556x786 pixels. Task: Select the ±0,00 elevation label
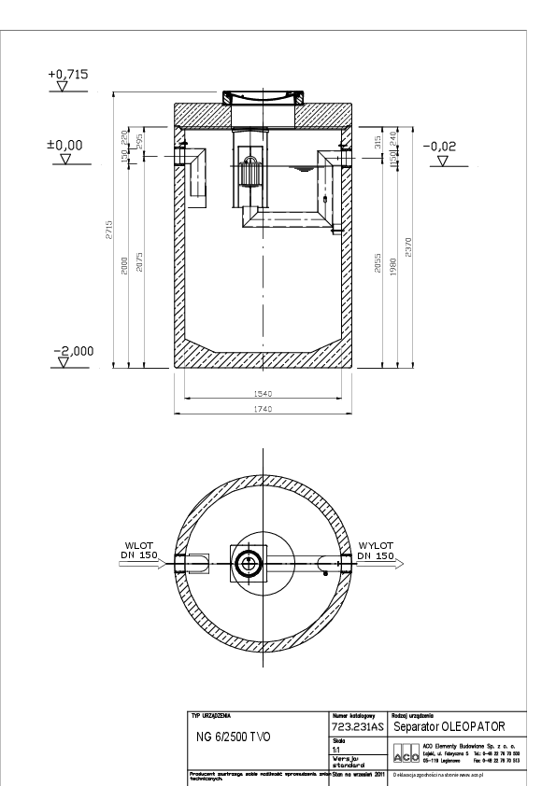[66, 146]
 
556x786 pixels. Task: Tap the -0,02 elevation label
[439, 147]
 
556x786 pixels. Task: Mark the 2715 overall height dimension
[108, 230]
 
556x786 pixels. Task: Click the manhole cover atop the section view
[264, 97]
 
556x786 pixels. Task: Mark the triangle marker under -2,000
[62, 363]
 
